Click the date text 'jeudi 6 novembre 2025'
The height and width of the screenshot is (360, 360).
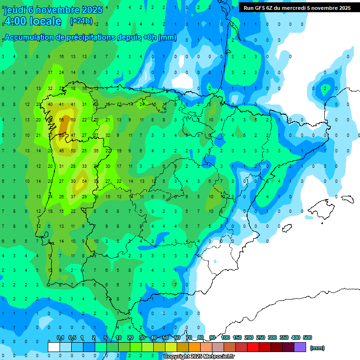(x=53, y=10)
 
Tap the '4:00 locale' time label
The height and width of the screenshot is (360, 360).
(x=33, y=21)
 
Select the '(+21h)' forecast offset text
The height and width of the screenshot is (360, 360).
(x=81, y=21)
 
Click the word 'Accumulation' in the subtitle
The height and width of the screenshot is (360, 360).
(x=28, y=37)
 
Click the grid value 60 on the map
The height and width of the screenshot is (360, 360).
(x=73, y=120)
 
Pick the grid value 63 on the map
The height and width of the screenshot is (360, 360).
(x=61, y=135)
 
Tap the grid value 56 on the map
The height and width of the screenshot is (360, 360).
(x=61, y=120)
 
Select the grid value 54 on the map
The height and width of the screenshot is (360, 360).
(x=84, y=181)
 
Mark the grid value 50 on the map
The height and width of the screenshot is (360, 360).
(x=73, y=150)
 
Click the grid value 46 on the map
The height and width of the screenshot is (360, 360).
(x=61, y=150)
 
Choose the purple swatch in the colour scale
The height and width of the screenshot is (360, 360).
(x=300, y=347)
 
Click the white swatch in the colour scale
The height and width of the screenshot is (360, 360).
(x=54, y=347)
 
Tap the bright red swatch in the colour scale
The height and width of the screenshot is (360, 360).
(x=253, y=347)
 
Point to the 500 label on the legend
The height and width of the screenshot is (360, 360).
(x=307, y=337)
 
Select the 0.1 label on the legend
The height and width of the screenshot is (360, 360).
(x=60, y=337)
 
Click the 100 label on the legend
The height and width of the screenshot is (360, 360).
(x=225, y=337)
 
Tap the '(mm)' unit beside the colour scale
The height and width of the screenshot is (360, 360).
(x=317, y=348)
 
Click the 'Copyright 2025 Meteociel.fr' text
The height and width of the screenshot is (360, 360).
(x=199, y=356)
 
